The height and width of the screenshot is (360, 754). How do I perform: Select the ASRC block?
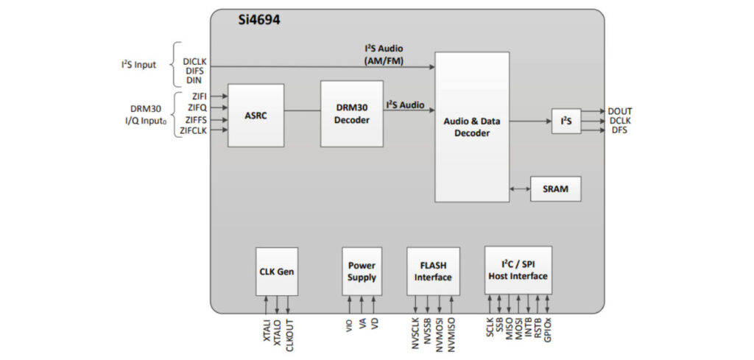(256, 116)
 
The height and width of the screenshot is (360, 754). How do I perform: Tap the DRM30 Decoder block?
(351, 114)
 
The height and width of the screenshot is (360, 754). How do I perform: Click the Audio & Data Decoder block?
(471, 127)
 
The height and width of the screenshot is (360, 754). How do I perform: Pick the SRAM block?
(554, 188)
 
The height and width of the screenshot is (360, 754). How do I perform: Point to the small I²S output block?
(565, 121)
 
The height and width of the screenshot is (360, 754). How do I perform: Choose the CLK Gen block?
(277, 271)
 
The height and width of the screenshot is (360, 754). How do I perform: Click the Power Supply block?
(362, 271)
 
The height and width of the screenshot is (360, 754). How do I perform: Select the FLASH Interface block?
(433, 271)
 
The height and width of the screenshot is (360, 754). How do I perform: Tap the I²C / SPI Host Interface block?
(518, 270)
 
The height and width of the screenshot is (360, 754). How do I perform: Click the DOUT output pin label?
(620, 111)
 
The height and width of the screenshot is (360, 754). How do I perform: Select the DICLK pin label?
(194, 61)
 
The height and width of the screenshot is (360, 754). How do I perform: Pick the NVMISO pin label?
(451, 335)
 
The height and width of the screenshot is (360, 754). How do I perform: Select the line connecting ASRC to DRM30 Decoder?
(302, 111)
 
